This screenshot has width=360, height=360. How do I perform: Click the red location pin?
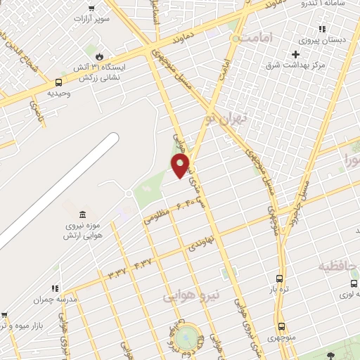181,166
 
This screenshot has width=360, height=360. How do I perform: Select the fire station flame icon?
99,56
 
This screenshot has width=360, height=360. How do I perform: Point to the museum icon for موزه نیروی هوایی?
84,214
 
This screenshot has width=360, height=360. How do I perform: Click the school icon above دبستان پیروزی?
321,29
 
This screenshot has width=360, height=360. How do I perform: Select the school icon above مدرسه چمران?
54,288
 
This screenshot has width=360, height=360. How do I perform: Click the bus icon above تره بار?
280,278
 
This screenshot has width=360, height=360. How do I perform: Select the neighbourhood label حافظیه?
338,266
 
